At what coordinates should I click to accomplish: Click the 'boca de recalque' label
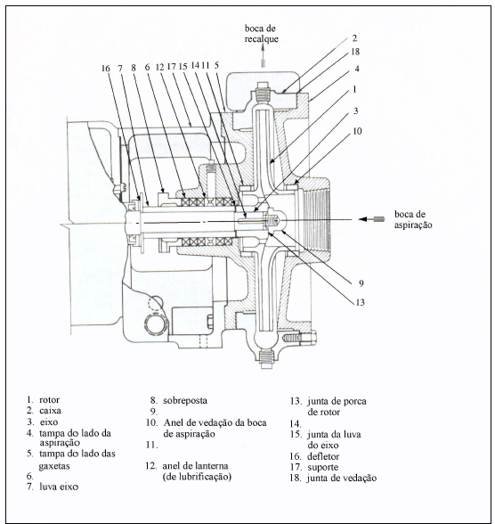point(262,34)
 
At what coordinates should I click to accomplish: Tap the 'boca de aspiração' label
point(413,219)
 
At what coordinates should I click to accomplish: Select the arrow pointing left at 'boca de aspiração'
point(371,219)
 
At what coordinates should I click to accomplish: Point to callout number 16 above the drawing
point(105,69)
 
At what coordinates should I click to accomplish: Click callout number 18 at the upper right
point(355,52)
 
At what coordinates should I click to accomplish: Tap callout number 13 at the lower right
point(361,302)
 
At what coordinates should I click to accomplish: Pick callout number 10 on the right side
point(357,131)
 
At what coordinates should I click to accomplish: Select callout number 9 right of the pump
point(361,283)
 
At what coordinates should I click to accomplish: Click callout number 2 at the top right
point(354,38)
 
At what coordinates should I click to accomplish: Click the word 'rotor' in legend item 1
point(49,399)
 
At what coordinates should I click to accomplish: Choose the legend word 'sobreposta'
point(185,400)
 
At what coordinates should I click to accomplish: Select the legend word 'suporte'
point(323,467)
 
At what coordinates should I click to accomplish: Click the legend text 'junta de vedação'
point(342,479)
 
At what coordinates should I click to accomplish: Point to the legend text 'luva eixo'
point(59,487)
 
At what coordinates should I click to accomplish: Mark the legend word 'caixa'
point(50,410)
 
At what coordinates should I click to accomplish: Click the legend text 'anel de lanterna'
point(195,465)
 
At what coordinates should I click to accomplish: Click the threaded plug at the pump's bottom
point(267,359)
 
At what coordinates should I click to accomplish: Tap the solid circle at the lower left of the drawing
point(156,324)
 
